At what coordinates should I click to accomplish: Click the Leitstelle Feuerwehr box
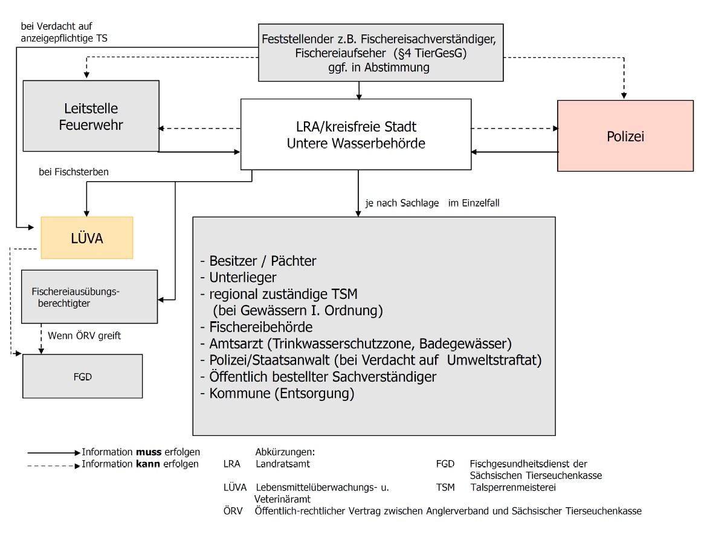coord(91,116)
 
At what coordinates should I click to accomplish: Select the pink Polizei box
coord(625,136)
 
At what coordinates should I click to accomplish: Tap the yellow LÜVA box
coord(87,238)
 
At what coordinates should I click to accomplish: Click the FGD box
coord(83,376)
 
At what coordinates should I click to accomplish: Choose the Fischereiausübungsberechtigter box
coord(89,296)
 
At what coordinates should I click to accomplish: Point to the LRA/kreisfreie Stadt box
coord(356,134)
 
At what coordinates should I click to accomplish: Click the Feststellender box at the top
coord(381,53)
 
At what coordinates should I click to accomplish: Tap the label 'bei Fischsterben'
coord(74,172)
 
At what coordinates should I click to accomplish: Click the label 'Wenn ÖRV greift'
coord(85,336)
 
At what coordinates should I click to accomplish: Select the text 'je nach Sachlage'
coord(402,203)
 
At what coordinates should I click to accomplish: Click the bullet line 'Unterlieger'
coord(239,277)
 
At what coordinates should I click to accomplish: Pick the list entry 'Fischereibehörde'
coord(256,327)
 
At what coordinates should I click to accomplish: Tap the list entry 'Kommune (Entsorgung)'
coord(277,393)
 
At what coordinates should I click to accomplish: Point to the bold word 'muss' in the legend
coord(149,452)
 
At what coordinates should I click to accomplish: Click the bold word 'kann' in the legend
coord(147,464)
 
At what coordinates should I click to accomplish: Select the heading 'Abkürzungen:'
coord(285,452)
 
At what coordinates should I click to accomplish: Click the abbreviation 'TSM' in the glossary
coord(445,487)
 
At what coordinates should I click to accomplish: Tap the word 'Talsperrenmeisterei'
coord(513,487)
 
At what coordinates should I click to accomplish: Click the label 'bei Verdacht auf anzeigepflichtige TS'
coord(64,33)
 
